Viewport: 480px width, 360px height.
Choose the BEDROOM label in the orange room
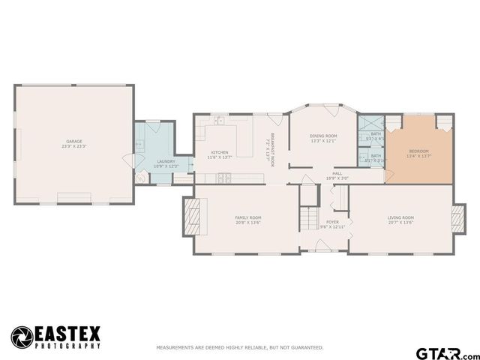(418, 153)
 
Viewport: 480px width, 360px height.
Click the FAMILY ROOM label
(248, 219)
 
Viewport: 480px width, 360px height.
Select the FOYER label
(331, 223)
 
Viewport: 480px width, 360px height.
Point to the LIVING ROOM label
(400, 220)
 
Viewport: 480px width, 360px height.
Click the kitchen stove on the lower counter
(223, 178)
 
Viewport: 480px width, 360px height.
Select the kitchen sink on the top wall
(219, 120)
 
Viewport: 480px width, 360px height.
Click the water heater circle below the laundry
(140, 177)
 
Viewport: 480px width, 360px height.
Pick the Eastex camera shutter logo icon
(22, 336)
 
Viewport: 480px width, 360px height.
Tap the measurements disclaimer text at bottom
(239, 348)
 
